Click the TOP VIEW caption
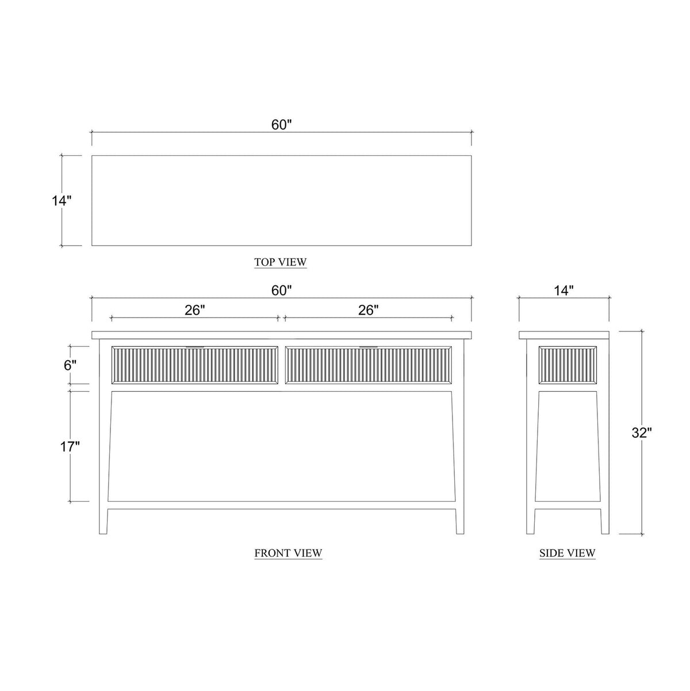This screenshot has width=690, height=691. pos(281,262)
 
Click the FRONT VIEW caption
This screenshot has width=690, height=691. pos(288,553)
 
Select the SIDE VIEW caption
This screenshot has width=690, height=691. pos(567,553)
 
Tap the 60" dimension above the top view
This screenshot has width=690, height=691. pos(282,125)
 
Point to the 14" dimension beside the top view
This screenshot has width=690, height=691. pos(60,201)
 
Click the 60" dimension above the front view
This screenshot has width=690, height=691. pos(282,291)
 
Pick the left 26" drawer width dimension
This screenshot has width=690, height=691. pos(195,310)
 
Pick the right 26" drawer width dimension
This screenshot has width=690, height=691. pos(369,310)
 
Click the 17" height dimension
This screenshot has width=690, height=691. pos(70,445)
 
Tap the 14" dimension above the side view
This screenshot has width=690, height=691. pos(563,291)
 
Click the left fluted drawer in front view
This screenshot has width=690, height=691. pos(194,365)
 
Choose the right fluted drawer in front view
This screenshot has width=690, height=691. pos(369,365)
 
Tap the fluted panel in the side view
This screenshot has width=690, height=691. pos(563,365)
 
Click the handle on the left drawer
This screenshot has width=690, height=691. pos(194,347)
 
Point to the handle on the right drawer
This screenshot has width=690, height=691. pos(369,347)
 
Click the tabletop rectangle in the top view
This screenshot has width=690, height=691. pos(282,200)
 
